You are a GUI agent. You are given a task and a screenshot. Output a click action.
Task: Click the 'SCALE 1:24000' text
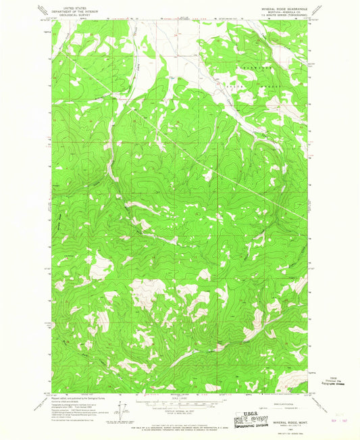tap(177, 399)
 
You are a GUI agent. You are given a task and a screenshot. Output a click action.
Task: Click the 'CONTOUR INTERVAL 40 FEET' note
tap(177, 412)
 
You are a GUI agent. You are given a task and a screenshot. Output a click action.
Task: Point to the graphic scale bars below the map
tap(177, 405)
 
